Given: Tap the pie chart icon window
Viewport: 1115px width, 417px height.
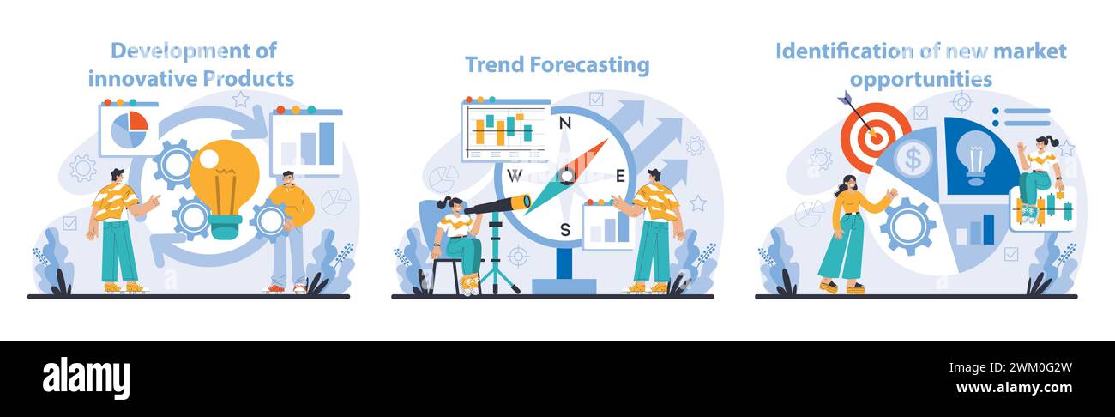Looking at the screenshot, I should pos(129,130).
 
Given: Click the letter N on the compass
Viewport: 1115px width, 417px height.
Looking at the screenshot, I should pos(564,123).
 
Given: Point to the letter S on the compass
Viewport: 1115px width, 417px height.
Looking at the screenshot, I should pos(564,229).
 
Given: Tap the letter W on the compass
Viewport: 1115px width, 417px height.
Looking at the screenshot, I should pos(514,176).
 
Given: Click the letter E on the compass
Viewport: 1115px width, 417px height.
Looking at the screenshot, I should pos(619,176).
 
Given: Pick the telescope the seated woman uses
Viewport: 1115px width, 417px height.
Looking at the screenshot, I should pos(497,205).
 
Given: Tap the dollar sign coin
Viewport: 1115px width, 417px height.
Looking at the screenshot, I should pos(913,159).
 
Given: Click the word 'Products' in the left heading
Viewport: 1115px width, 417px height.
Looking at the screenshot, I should pos(249,79).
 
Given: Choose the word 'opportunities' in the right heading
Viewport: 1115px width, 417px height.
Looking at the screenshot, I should pos(921,79).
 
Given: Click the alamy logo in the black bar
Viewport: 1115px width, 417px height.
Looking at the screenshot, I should pos(86,378).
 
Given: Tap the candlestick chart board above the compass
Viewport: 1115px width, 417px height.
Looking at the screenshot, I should pos(505,130).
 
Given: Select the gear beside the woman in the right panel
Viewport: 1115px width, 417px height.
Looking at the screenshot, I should pos(907,226).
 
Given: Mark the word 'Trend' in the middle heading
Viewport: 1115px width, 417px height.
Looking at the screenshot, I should pos(494,65).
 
